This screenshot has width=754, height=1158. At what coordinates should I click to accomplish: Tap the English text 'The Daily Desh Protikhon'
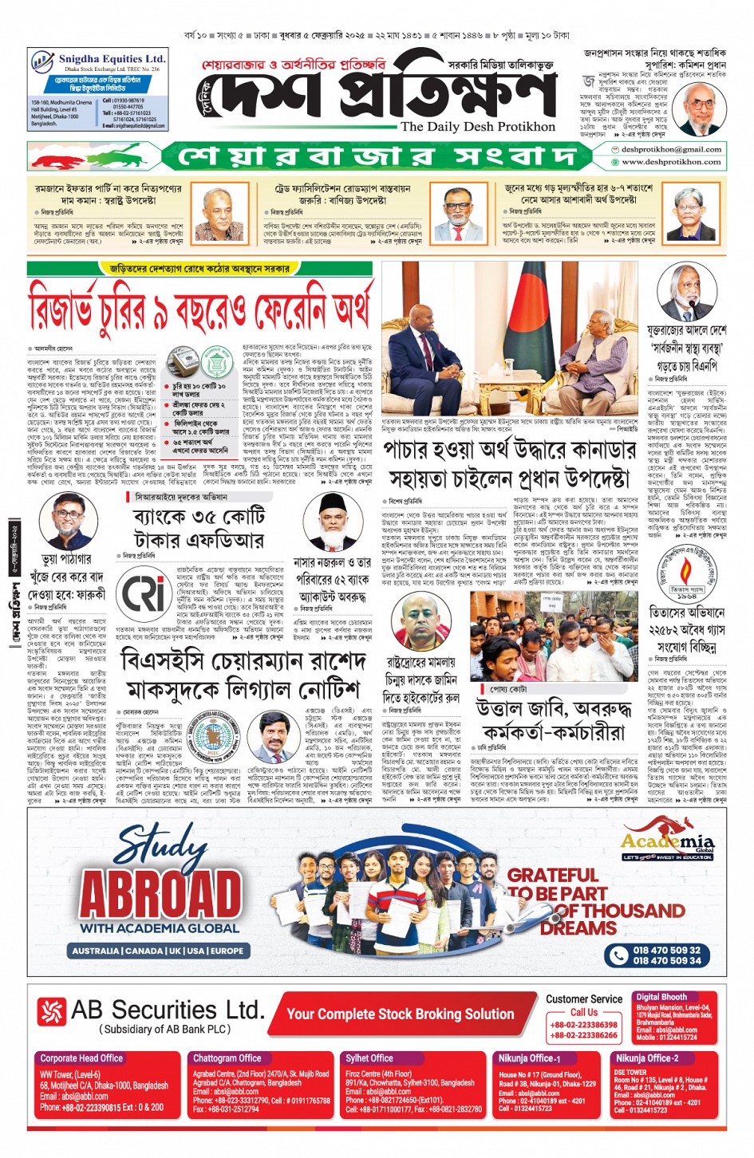tap(477, 126)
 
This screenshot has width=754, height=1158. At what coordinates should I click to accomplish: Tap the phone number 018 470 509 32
tap(666, 950)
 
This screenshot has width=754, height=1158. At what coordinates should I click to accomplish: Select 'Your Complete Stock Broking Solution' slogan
tap(400, 1014)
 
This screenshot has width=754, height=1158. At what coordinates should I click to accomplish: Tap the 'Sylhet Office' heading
tap(369, 1058)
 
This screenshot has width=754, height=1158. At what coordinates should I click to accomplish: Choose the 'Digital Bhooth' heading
tap(661, 997)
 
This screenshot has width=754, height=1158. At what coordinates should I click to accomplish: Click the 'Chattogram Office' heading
tap(227, 1058)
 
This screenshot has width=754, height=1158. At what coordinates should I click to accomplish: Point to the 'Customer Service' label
tap(584, 998)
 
